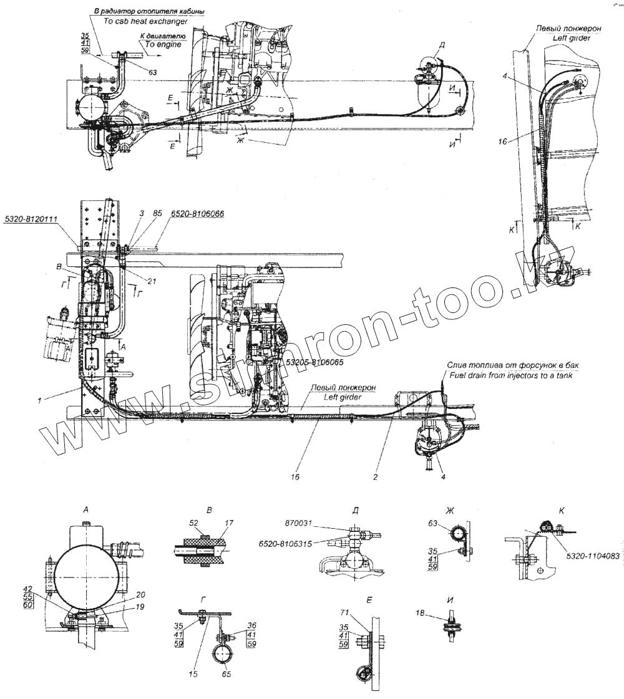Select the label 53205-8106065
coord(316,362)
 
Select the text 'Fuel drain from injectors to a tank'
coord(510,375)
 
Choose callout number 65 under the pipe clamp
coord(227,674)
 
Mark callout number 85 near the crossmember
coord(156,214)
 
